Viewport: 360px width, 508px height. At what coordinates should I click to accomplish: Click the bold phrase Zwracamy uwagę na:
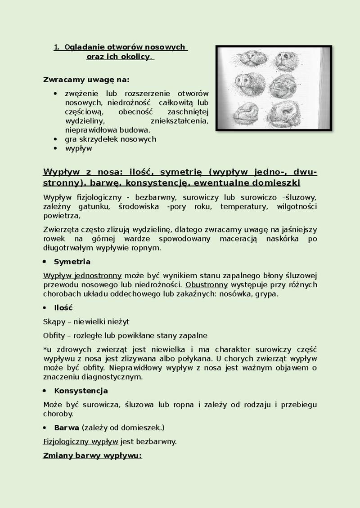85,80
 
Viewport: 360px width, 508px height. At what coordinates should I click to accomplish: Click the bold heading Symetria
72,262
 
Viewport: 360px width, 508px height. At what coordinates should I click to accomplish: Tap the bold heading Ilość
63,308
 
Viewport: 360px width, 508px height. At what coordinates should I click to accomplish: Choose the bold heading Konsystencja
81,391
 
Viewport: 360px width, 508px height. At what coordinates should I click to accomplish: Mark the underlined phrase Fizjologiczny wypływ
81,441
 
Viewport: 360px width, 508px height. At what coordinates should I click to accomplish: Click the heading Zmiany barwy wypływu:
92,456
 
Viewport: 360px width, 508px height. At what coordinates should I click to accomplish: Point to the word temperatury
247,206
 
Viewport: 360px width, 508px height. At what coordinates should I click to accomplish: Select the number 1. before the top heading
57,47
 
